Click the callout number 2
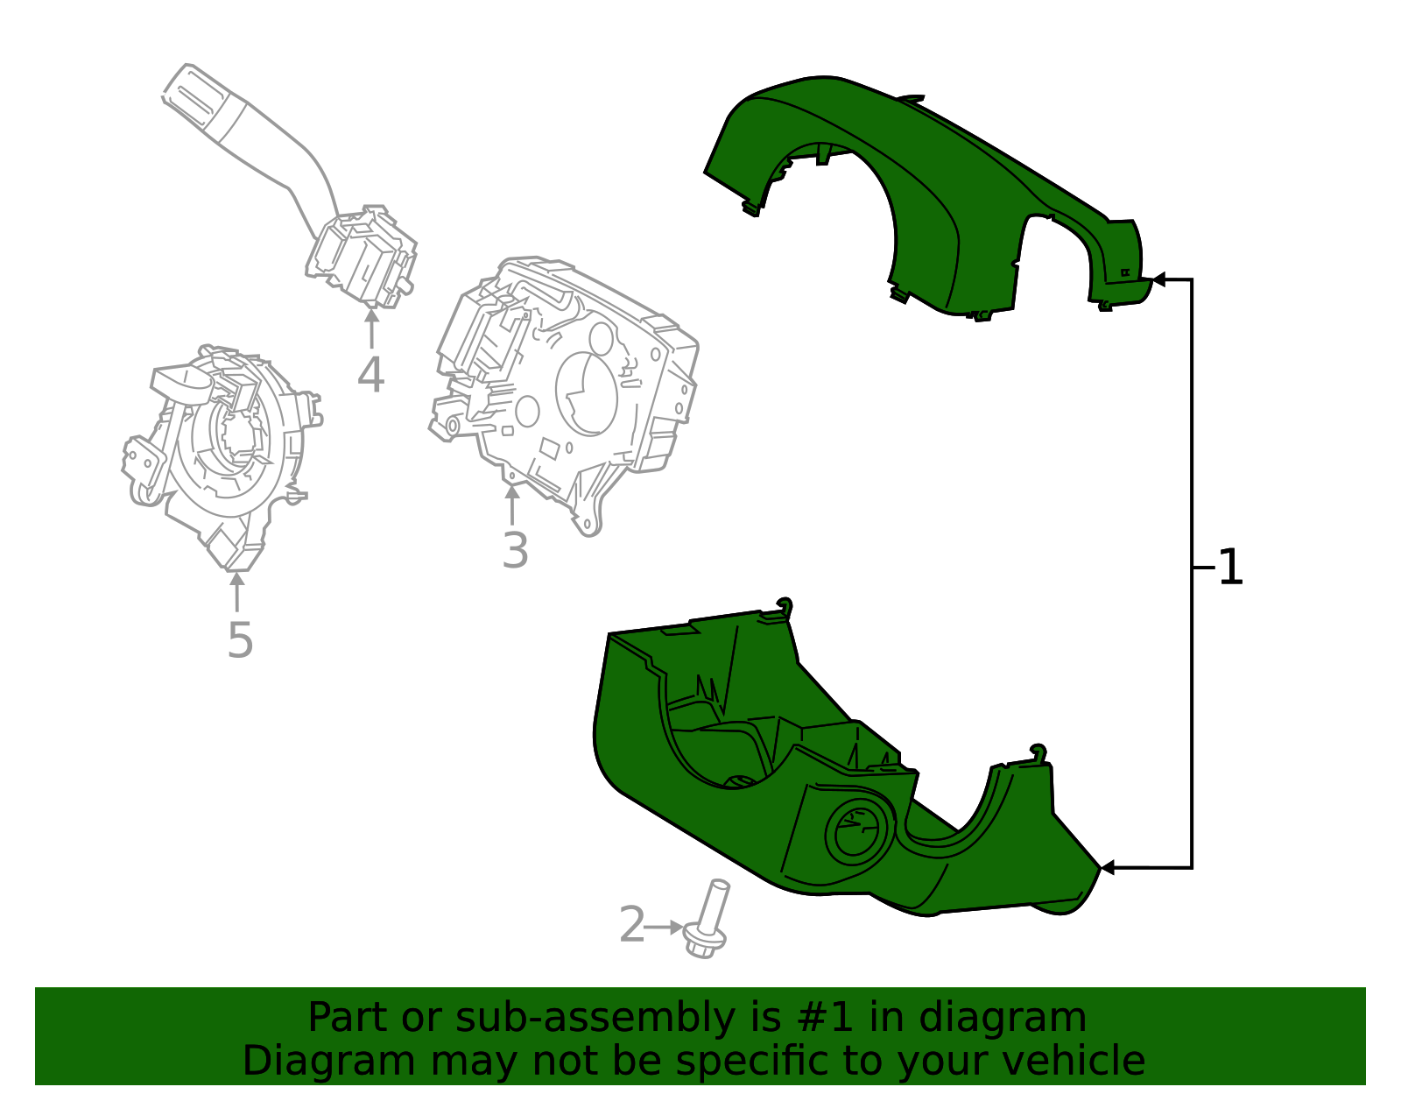point(631,926)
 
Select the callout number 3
point(515,551)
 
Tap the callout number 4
point(370,375)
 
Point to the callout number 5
point(239,640)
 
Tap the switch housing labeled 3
point(569,385)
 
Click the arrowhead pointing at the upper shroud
point(1159,279)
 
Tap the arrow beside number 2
point(665,927)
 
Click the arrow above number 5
point(236,590)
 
